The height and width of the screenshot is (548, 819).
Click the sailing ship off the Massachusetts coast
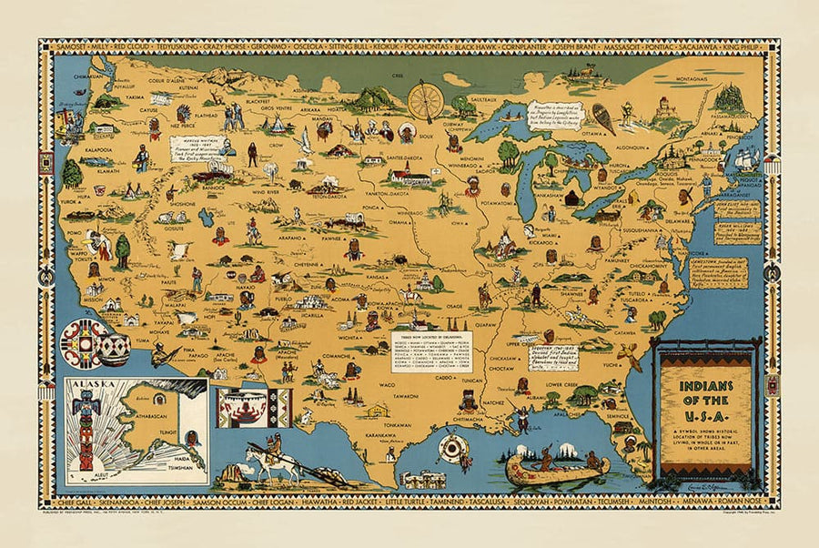pos(746,158)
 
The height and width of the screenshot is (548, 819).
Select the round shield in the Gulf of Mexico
pos(450,448)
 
